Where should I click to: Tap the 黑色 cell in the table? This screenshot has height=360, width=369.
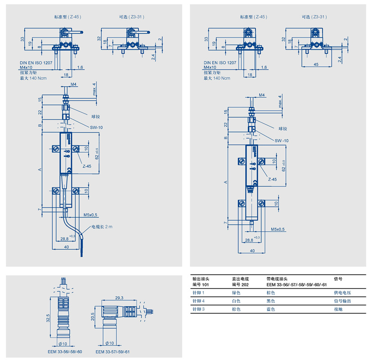point(271,301)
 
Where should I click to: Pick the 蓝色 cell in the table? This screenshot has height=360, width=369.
point(271,310)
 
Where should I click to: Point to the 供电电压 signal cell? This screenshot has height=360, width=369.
point(340,293)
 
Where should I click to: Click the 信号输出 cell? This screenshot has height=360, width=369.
point(340,301)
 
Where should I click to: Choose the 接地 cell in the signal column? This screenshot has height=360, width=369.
point(337,310)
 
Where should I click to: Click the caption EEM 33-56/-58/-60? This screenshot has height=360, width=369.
point(65,351)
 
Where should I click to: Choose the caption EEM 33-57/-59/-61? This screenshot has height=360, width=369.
point(113,351)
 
